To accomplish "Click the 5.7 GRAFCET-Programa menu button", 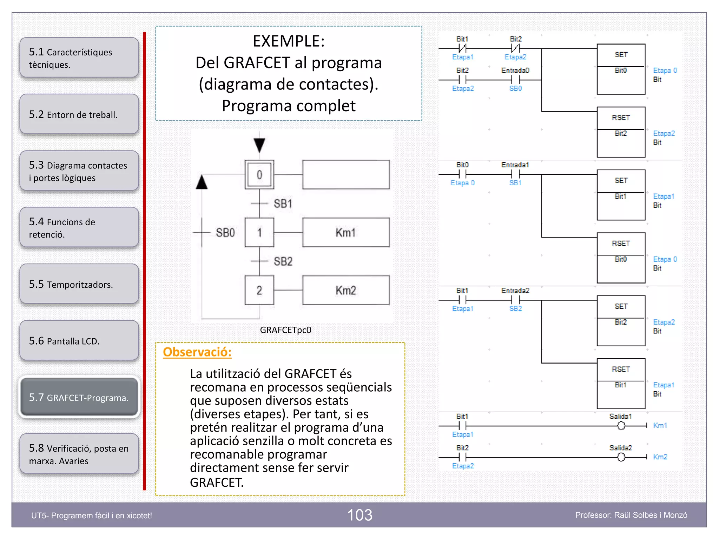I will click(79, 398).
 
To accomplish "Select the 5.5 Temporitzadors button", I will click(79, 284).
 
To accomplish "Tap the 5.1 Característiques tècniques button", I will click(79, 58).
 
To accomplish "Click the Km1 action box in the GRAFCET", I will click(346, 232).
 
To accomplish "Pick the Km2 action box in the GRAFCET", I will click(346, 290).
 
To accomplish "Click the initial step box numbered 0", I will click(259, 174).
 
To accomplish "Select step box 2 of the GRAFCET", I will click(259, 290).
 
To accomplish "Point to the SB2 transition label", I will click(283, 261).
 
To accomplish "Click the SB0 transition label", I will click(225, 232).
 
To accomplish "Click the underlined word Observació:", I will click(197, 352).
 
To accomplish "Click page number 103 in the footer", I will click(359, 515).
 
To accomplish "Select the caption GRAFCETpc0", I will click(285, 330).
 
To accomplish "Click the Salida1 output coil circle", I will click(621, 426).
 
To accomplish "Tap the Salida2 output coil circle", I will click(621, 457).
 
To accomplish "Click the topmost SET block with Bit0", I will click(621, 69).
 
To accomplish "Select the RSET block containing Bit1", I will click(621, 384).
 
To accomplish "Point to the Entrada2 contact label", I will click(515, 291).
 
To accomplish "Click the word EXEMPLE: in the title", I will click(289, 41).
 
